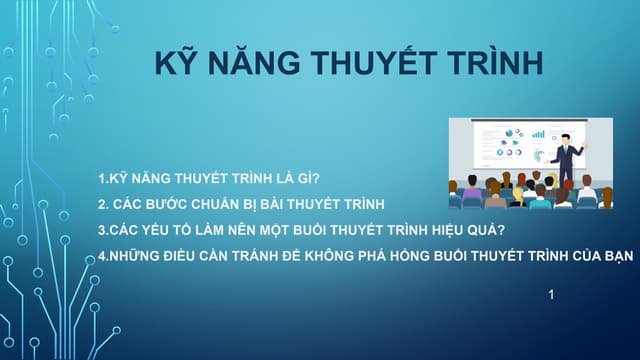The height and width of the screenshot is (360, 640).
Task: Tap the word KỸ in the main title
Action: point(176,62)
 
